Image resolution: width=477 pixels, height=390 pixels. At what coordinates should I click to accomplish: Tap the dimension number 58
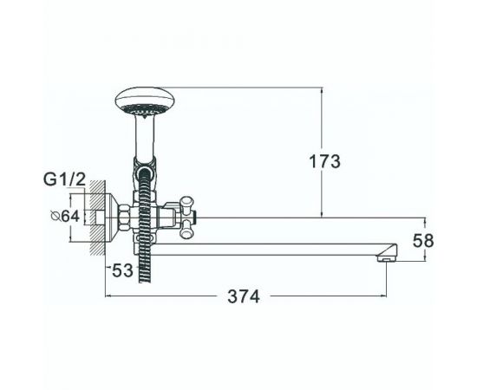click(x=421, y=242)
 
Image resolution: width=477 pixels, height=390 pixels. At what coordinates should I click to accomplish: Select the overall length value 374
click(x=245, y=297)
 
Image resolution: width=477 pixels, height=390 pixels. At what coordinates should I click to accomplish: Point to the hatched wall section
click(x=101, y=221)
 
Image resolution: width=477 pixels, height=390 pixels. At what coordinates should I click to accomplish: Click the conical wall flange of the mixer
click(x=113, y=221)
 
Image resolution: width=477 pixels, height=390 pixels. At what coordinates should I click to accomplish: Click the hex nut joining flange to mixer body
click(x=127, y=220)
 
